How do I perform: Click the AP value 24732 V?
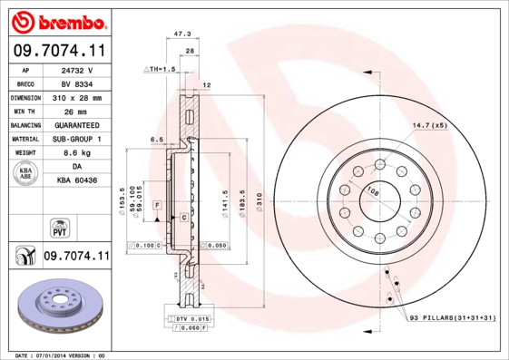(78, 69)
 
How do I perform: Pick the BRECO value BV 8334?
(78, 83)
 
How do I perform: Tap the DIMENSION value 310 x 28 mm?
(78, 96)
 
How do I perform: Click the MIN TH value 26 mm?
(78, 110)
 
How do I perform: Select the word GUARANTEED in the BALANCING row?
(78, 124)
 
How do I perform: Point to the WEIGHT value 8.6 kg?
(78, 153)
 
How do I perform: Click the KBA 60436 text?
(78, 181)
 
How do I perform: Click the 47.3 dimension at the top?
(181, 33)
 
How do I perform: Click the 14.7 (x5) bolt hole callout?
(429, 124)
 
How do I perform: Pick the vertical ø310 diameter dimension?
(259, 196)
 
